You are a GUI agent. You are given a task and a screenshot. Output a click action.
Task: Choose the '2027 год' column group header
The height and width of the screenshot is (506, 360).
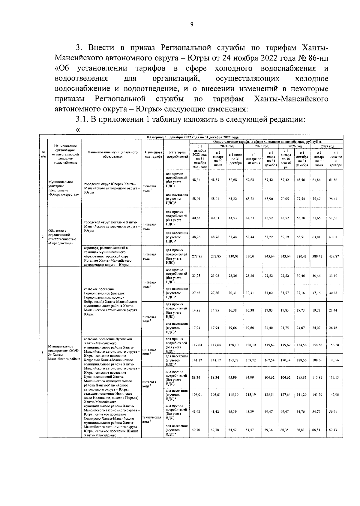[x=328, y=146]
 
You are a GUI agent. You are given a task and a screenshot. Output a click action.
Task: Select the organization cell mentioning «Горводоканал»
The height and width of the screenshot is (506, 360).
[x=62, y=237]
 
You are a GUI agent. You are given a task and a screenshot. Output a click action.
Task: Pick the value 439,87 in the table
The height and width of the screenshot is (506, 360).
[x=333, y=256]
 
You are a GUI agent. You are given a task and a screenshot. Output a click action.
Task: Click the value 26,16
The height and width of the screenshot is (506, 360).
[x=333, y=328]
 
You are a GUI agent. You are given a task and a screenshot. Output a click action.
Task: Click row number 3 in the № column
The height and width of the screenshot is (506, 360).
[x=43, y=352]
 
